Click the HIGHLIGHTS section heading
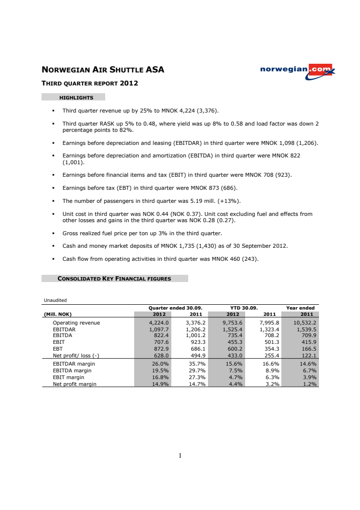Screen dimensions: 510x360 pyautogui.click(x=76, y=98)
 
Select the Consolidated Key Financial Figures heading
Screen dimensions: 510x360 pyautogui.click(x=114, y=278)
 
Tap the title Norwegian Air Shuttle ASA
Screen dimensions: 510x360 pyautogui.click(x=103, y=70)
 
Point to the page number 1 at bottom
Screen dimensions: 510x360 pyautogui.click(x=180, y=455)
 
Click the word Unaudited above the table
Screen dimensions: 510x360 pyautogui.click(x=55, y=300)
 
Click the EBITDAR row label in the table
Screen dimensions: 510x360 pyautogui.click(x=65, y=329)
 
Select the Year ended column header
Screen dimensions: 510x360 pyautogui.click(x=300, y=308)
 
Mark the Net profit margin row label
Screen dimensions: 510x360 pyautogui.click(x=74, y=384)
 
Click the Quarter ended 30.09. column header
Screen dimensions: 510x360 pyautogui.click(x=175, y=308)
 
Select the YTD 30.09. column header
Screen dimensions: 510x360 pyautogui.click(x=244, y=308)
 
